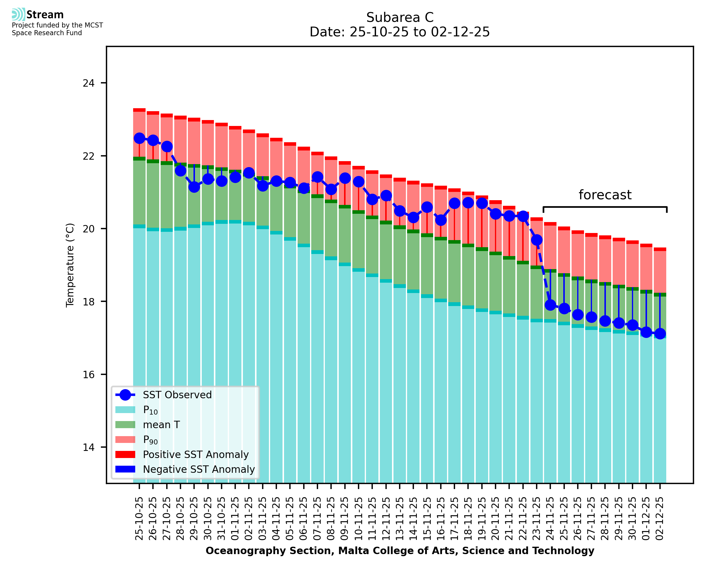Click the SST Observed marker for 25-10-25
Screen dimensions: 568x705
(x=139, y=138)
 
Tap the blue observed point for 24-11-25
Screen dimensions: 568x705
(x=550, y=305)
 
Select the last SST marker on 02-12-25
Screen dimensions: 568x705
(x=660, y=334)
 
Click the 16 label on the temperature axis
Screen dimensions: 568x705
(x=88, y=375)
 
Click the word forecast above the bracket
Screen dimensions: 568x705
(x=605, y=195)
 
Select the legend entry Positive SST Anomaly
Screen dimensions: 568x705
(x=196, y=454)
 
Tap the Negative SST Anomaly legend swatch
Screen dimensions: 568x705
(x=125, y=469)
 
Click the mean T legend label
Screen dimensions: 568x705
(x=161, y=425)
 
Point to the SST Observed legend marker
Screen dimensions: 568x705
(x=125, y=395)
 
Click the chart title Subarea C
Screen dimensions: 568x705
(x=400, y=17)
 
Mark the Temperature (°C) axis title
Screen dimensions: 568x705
(x=70, y=265)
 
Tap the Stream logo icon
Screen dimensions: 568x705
(x=18, y=14)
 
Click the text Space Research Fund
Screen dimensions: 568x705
(x=47, y=33)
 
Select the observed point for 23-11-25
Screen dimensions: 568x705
(x=536, y=240)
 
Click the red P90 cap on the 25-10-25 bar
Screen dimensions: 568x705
(x=139, y=110)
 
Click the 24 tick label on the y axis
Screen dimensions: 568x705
(x=88, y=83)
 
